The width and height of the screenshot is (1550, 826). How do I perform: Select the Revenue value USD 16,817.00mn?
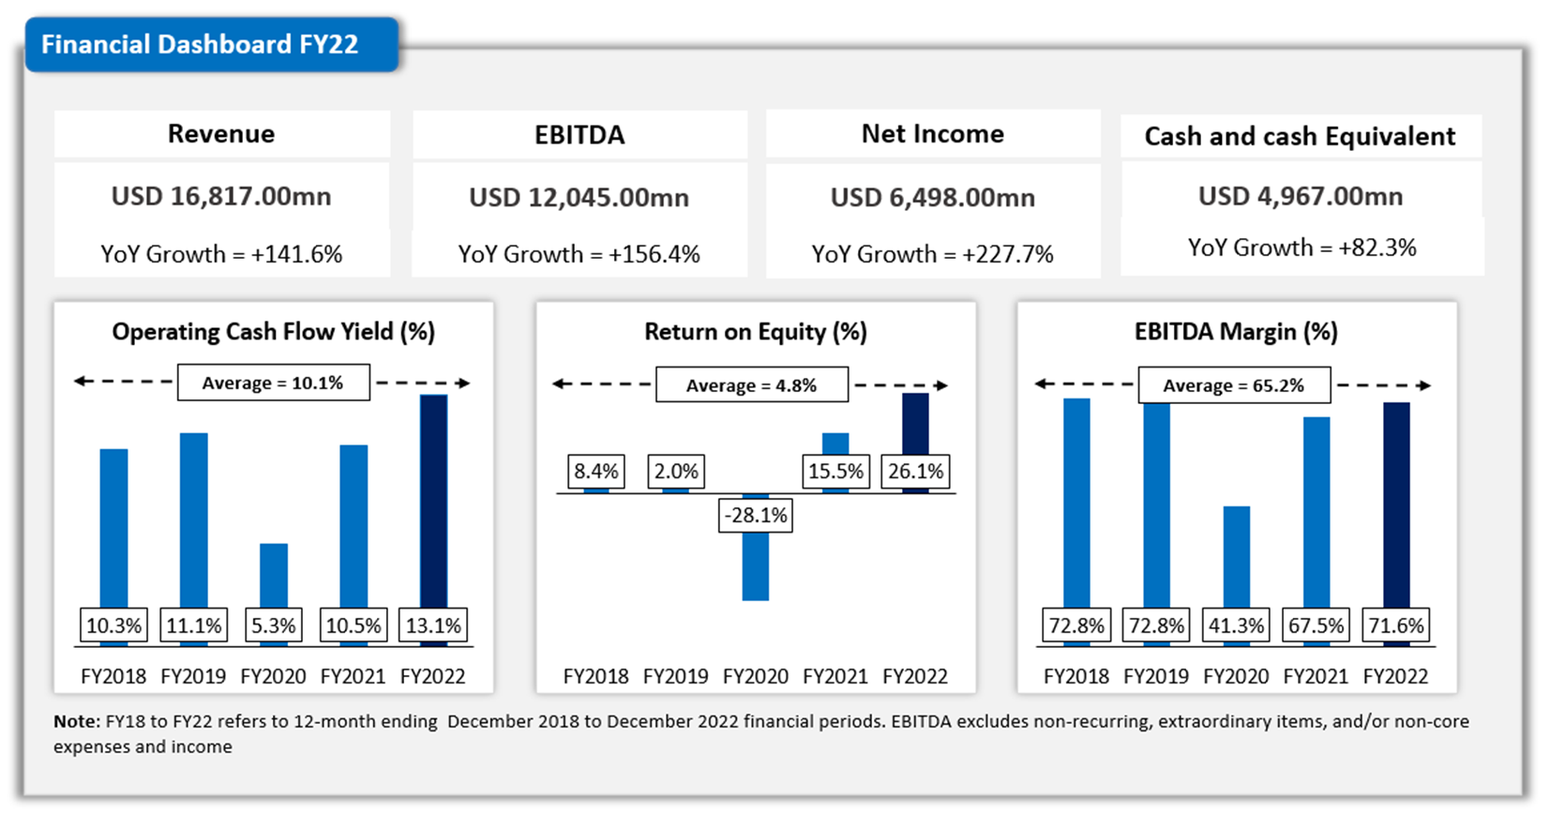(x=221, y=196)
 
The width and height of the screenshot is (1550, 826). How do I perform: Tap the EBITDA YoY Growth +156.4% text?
(x=579, y=254)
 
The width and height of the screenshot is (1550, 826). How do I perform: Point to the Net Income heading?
(x=932, y=134)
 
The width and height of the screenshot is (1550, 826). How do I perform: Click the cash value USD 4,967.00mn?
(x=1301, y=196)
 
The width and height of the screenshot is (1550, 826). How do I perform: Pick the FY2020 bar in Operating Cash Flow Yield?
(x=274, y=576)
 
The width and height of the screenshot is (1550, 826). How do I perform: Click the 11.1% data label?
(x=194, y=625)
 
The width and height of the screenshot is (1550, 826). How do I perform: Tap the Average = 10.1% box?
(x=273, y=383)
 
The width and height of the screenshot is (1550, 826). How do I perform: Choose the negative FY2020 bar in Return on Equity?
(x=756, y=566)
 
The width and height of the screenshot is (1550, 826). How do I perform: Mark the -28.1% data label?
(x=756, y=515)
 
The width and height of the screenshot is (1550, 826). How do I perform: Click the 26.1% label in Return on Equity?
(x=915, y=471)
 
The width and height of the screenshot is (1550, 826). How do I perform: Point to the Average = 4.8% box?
(x=751, y=385)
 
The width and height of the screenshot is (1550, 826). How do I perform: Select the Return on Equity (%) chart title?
(x=755, y=332)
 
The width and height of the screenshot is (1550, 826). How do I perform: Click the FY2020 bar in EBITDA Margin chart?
(x=1237, y=558)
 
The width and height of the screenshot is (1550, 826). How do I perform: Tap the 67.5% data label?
(x=1316, y=625)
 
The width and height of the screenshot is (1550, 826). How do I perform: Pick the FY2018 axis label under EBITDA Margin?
(x=1076, y=676)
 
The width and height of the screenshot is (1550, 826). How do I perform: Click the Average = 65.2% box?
(x=1233, y=385)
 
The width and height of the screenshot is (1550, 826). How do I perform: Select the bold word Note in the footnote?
(x=75, y=721)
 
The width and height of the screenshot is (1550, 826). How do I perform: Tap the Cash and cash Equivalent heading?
(x=1300, y=137)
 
